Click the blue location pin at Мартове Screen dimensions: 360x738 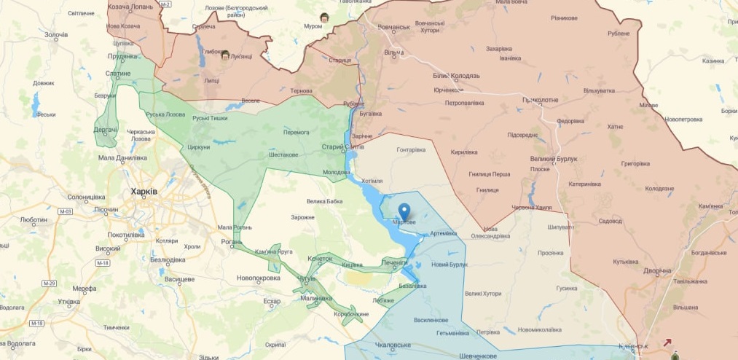pyautogui.click(x=404, y=211)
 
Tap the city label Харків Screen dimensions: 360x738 pyautogui.click(x=143, y=192)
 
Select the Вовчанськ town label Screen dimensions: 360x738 pyautogui.click(x=393, y=27)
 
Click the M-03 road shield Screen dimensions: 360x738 pyautogui.click(x=66, y=211)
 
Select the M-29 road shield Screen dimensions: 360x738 pyautogui.click(x=50, y=283)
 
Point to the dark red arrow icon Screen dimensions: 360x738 pyautogui.click(x=667, y=342)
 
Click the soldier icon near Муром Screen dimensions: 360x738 pyautogui.click(x=324, y=17)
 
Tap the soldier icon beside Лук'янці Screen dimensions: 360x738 pyautogui.click(x=225, y=55)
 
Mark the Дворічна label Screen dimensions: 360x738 pyautogui.click(x=657, y=270)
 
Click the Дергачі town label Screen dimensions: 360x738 pyautogui.click(x=106, y=130)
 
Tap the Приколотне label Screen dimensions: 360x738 pyautogui.click(x=540, y=100)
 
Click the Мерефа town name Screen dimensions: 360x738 pyautogui.click(x=84, y=289)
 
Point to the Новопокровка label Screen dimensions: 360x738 pyautogui.click(x=258, y=278)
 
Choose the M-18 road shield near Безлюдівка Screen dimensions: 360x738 pyautogui.click(x=103, y=263)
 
